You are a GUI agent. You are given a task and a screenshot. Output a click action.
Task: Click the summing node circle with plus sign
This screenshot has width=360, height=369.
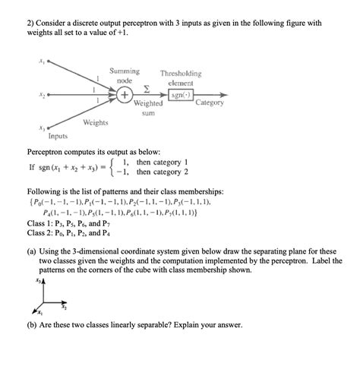coord(124,96)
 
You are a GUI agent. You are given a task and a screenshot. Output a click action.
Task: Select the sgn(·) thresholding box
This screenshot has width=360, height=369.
coord(181,96)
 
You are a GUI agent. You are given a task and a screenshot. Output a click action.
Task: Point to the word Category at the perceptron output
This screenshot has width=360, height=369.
coord(210,102)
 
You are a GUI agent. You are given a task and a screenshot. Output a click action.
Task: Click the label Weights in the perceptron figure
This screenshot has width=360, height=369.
coord(95,122)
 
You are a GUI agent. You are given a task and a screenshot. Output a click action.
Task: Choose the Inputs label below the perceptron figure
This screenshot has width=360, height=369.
coord(57,137)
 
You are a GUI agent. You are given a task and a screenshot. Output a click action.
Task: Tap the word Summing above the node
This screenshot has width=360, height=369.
coord(124,71)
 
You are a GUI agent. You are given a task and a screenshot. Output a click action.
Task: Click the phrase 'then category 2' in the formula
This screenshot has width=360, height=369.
coord(161,172)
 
